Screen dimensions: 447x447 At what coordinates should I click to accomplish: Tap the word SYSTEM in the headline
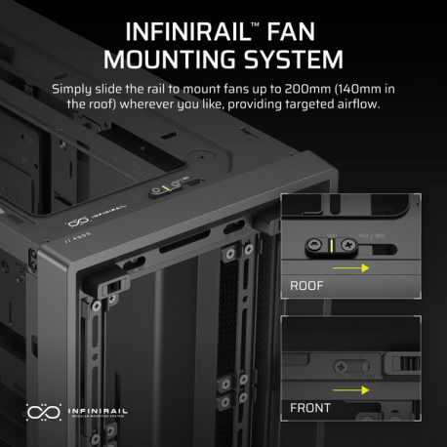click(297, 60)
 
